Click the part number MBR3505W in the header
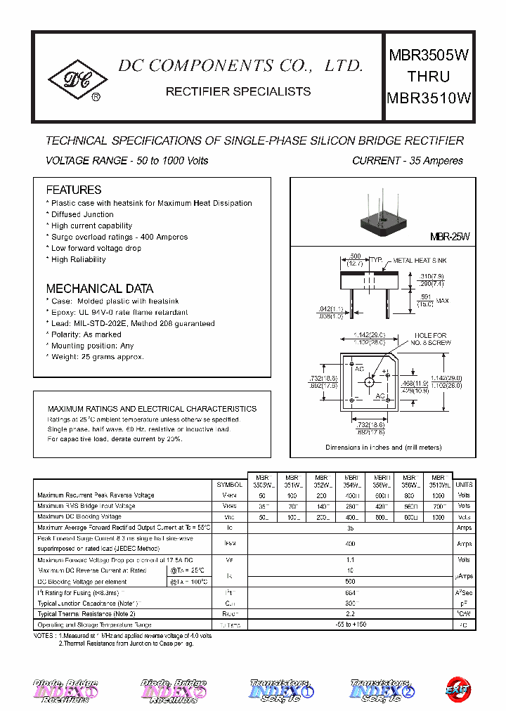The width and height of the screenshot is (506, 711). pos(429,56)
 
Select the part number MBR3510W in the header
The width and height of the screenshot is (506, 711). pos(429,98)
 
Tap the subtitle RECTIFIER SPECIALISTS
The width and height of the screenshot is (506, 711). pos(238,91)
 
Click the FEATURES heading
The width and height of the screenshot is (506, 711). pos(74,190)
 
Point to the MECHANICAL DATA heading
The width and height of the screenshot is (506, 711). pos(99,289)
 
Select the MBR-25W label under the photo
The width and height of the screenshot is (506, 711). pos(449,238)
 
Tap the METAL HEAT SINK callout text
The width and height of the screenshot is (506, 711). pos(419,261)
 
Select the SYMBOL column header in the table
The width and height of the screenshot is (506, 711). pos(230,485)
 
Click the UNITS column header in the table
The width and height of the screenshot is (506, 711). pos(464,485)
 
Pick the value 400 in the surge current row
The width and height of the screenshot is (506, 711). pos(350,544)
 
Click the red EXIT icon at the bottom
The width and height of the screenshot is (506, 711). pos(460,689)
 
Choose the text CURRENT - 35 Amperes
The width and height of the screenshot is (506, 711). pos(407,161)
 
